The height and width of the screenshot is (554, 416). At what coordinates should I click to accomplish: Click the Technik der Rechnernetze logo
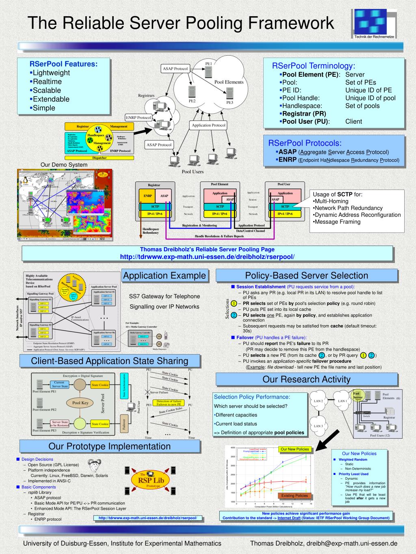374,23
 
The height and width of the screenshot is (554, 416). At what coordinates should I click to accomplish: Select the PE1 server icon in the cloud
208,72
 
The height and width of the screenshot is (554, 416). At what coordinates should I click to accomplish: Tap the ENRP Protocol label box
138,118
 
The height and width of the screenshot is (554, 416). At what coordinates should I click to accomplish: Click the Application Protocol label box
208,125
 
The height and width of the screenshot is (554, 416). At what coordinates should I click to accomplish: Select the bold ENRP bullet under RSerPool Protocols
287,160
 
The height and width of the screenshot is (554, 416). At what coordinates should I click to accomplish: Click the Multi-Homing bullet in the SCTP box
331,201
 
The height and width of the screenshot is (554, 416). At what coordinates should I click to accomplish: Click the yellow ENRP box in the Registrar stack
147,196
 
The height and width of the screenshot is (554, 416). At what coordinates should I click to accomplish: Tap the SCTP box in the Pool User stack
285,207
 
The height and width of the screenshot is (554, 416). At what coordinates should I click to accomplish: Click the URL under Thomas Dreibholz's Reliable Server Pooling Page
207,257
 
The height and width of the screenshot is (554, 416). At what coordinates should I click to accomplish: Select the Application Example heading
165,276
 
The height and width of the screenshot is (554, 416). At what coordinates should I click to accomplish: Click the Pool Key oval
80,403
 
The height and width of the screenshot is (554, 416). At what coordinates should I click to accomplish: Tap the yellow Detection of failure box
169,403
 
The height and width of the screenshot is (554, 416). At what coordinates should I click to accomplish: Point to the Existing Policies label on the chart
295,496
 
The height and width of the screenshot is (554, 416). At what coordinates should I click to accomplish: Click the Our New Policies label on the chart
295,449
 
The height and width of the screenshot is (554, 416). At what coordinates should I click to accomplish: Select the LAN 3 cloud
318,426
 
